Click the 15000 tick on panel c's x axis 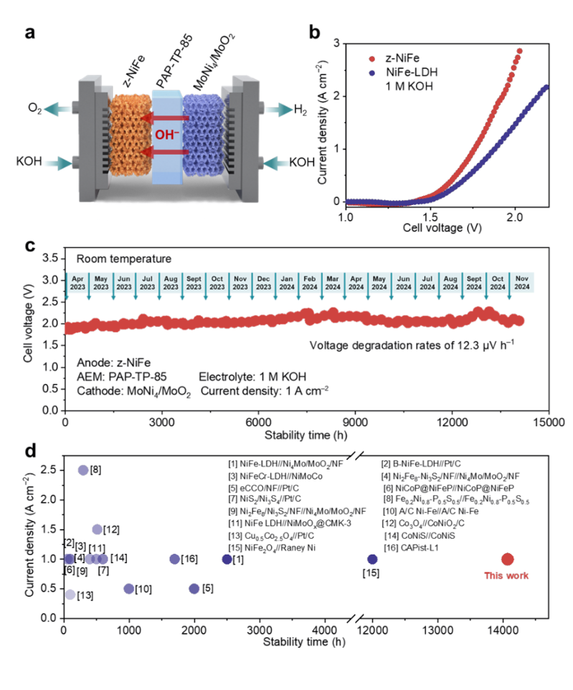(x=549, y=423)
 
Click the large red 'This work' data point (x=508, y=559)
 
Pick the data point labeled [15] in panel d (x=372, y=559)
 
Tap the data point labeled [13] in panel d (x=70, y=595)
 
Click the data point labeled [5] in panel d (x=194, y=588)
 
